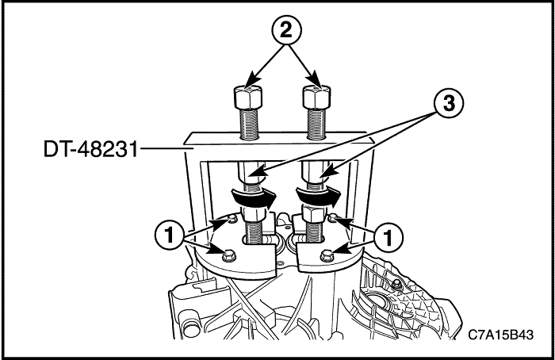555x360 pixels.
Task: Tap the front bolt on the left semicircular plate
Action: click(228, 255)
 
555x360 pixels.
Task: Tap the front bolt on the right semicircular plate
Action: click(327, 255)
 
